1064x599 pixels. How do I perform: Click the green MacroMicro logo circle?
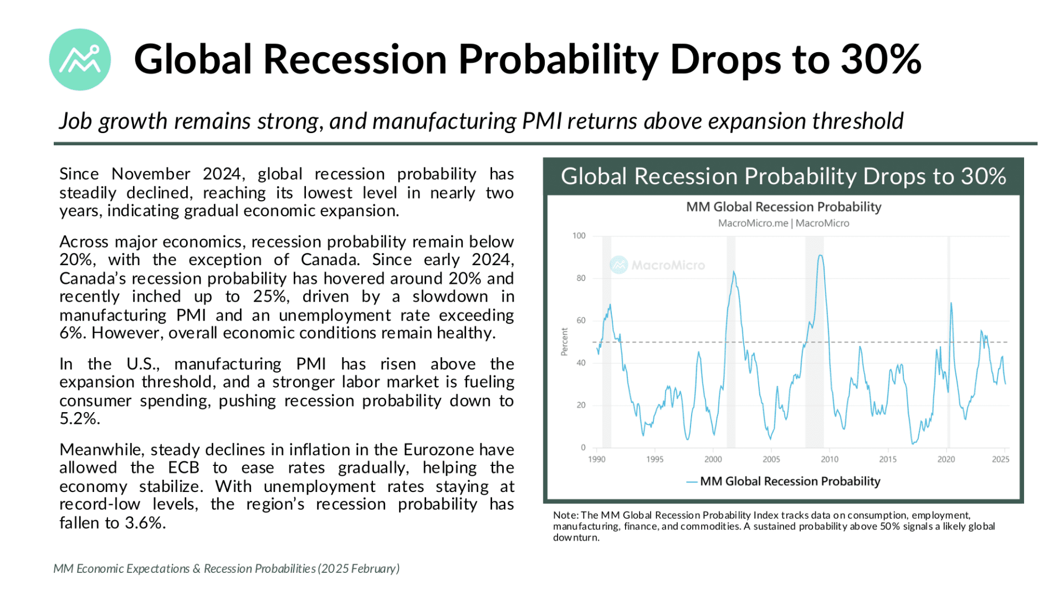point(80,60)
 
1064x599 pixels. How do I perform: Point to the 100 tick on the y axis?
point(579,236)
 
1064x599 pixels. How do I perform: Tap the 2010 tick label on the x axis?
point(829,459)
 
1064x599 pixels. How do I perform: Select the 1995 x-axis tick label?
point(654,459)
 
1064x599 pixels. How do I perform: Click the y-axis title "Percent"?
point(564,342)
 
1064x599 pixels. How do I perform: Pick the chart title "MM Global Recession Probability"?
point(783,207)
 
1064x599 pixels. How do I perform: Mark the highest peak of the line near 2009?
point(820,256)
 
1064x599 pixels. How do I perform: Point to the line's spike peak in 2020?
point(951,303)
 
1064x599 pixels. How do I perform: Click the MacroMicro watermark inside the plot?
point(658,265)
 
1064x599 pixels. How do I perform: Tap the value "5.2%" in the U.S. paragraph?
point(79,419)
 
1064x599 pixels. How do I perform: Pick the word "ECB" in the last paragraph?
point(183,468)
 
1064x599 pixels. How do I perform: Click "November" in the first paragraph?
point(151,174)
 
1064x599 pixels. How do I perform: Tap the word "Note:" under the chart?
point(565,515)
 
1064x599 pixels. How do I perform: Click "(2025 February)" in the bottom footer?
point(359,568)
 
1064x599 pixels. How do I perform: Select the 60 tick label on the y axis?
point(580,321)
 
